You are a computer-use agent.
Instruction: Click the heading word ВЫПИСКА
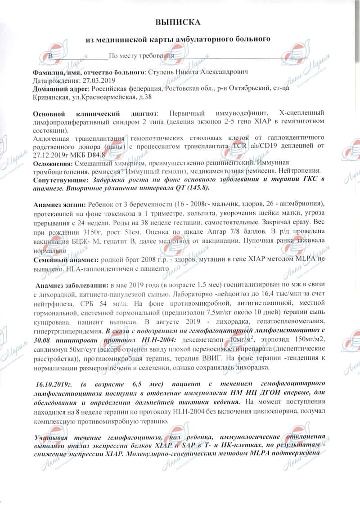coord(178,22)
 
